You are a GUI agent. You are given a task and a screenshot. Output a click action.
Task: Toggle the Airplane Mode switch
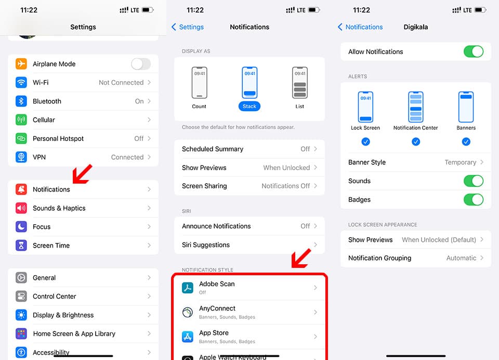pos(141,64)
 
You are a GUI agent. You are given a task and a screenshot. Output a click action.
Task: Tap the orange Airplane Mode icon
pos(21,63)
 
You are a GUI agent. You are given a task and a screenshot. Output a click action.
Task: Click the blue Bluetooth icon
pos(21,101)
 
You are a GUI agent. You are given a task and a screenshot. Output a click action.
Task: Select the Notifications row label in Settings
pos(51,189)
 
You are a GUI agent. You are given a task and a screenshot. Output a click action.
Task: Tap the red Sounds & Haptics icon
pos(21,208)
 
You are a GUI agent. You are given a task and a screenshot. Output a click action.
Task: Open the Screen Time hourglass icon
pos(21,246)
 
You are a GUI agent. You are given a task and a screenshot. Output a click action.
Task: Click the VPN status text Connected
pos(127,157)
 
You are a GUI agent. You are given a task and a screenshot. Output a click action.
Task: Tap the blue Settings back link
pos(188,27)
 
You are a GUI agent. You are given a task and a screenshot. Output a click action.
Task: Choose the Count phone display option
pos(199,83)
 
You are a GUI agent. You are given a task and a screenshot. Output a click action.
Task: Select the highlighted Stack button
pos(249,107)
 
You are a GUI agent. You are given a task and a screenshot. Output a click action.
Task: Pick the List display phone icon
pos(300,83)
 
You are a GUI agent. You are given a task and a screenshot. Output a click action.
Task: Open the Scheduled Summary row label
pos(213,149)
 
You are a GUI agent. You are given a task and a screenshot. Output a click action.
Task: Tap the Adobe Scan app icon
pos(188,287)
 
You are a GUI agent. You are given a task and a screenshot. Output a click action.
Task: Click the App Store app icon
pos(188,337)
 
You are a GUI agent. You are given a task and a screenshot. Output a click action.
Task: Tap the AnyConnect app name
pos(217,308)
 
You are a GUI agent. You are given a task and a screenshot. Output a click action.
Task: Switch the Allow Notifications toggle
pos(474,52)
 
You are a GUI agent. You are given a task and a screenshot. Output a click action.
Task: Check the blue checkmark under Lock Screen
pos(365,142)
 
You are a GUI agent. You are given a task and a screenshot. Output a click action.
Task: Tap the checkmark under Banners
pos(466,142)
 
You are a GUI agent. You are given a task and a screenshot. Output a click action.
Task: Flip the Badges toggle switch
pos(474,200)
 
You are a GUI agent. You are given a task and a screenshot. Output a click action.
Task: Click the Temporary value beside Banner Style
pos(460,162)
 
